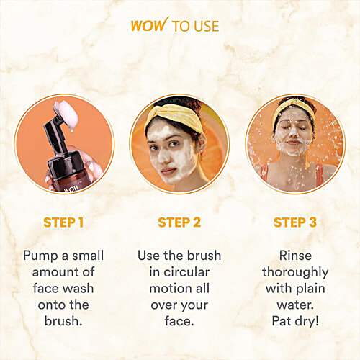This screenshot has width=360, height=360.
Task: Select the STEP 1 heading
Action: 63,222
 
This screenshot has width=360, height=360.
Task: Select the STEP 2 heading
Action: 179,222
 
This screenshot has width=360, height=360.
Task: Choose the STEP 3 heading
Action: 294,222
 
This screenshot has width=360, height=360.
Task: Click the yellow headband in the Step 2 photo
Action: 164,117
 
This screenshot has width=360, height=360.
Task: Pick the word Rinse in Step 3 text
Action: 294,256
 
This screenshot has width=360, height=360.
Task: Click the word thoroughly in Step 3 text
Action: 294,272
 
